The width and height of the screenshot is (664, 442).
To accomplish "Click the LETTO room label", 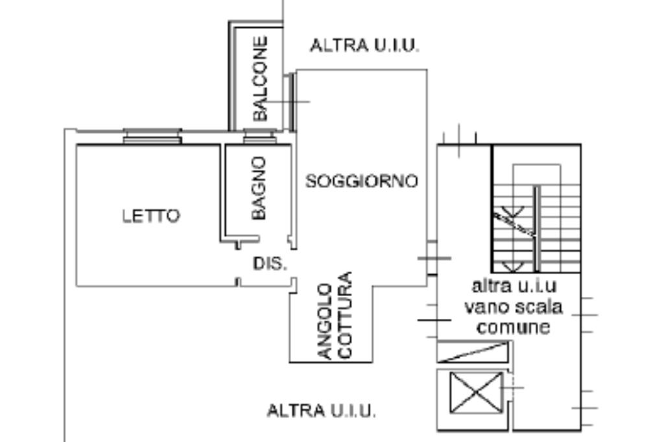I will [x=151, y=216].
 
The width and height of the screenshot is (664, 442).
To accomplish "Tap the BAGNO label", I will [x=259, y=188].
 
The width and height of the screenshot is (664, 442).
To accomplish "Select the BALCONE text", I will [x=260, y=78].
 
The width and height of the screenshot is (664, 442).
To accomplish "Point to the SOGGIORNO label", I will [x=362, y=181].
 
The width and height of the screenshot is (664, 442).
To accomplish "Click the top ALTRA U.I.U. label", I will [x=364, y=46].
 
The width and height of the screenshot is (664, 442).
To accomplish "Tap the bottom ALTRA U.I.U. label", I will [x=322, y=411].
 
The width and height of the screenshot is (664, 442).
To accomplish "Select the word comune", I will [x=513, y=327].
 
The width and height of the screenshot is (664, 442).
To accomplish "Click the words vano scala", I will [x=513, y=307].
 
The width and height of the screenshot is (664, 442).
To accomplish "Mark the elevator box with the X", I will [x=477, y=392].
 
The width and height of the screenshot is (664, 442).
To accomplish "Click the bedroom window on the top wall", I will [x=152, y=136].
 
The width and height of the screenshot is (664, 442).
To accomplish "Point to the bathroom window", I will [x=259, y=137].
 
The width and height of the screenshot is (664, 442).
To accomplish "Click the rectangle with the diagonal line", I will [x=473, y=351].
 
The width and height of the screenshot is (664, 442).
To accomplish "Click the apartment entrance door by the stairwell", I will [x=432, y=258].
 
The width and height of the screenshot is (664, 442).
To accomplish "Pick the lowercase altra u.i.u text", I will [x=514, y=286].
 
